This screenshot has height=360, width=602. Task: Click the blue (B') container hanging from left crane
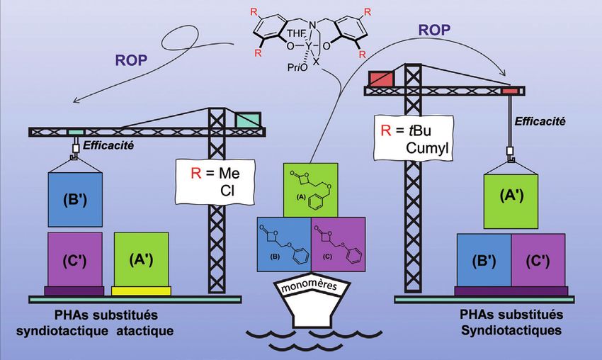75,198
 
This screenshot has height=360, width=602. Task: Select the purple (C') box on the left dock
75,259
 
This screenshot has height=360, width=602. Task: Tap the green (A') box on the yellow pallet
141,259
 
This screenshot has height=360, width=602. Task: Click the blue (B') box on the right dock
483,260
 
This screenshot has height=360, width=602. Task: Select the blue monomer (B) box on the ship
284,242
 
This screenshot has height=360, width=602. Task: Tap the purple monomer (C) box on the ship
339,242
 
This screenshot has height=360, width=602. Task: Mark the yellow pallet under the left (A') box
141,291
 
